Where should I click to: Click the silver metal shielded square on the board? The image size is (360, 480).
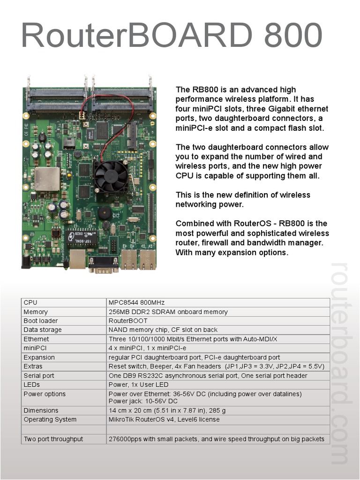point(47,179)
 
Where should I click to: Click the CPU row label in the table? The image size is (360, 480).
point(30,303)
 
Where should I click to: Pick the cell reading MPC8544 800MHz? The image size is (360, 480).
point(136,303)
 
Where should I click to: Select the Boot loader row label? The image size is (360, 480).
point(41,321)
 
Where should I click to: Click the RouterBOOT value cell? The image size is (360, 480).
point(127,321)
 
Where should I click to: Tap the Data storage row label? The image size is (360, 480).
point(43,330)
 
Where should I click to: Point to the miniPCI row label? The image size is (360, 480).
point(35,348)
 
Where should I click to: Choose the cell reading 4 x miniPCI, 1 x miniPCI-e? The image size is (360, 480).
point(147,348)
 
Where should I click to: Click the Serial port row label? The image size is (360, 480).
point(39,375)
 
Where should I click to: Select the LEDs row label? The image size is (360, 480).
point(32,385)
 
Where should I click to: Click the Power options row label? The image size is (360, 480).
point(45,394)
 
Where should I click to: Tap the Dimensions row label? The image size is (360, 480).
point(41,411)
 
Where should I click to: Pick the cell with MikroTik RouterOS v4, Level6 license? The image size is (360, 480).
point(164,420)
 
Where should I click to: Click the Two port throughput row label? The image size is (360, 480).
point(53,439)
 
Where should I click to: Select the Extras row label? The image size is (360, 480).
point(33,367)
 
